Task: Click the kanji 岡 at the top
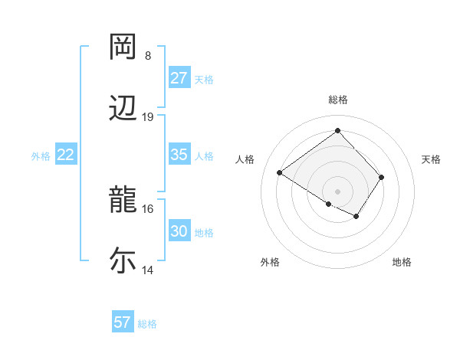point(123,47)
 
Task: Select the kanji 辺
point(123,108)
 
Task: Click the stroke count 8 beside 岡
point(148,56)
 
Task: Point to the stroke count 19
point(148,117)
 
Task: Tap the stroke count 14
point(148,270)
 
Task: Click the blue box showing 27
point(179,78)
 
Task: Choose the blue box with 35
point(179,155)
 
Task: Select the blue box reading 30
point(179,231)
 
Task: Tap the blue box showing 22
point(66,155)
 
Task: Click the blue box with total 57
point(122,322)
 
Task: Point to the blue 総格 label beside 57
point(147,324)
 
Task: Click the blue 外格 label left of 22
point(41,156)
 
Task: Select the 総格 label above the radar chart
point(338,100)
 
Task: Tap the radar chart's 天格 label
point(432,159)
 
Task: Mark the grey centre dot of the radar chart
point(338,191)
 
